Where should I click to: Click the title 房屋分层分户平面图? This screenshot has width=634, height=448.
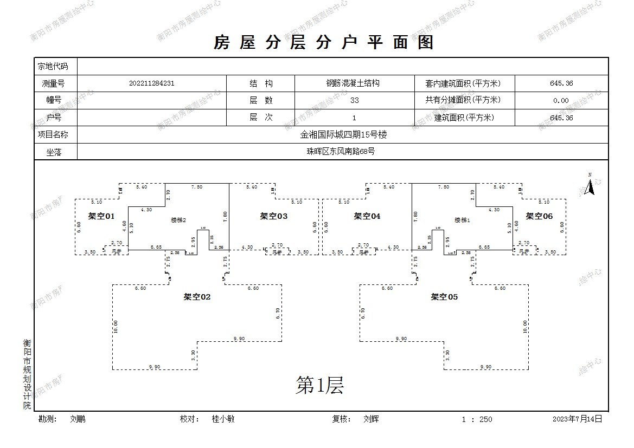coord(324,42)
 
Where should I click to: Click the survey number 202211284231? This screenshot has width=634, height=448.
coord(152,83)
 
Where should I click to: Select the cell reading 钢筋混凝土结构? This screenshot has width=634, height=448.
coord(353,83)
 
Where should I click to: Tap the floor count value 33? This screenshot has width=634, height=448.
coord(354,100)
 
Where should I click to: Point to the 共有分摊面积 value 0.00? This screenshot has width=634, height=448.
coord(561,100)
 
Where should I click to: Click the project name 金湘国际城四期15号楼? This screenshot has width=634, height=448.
coord(343,134)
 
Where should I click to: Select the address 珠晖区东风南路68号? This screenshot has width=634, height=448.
coord(341,152)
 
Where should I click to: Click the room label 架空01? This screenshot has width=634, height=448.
coord(101,216)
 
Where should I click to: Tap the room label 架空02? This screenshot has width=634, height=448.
coord(197,297)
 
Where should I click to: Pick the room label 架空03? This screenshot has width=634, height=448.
coord(274,216)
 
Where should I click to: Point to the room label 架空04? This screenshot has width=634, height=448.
coord(367,216)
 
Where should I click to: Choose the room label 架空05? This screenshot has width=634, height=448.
coord(445,297)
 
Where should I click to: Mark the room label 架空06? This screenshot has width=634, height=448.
coord(539,216)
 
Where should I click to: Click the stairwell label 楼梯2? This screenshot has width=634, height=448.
coord(178,220)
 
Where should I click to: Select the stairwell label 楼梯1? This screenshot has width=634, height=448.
coord(462,220)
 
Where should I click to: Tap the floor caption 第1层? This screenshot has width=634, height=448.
coord(319,386)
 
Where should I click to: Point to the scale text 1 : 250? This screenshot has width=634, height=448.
coord(477,419)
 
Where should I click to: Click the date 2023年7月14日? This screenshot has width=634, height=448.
coord(578,419)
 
